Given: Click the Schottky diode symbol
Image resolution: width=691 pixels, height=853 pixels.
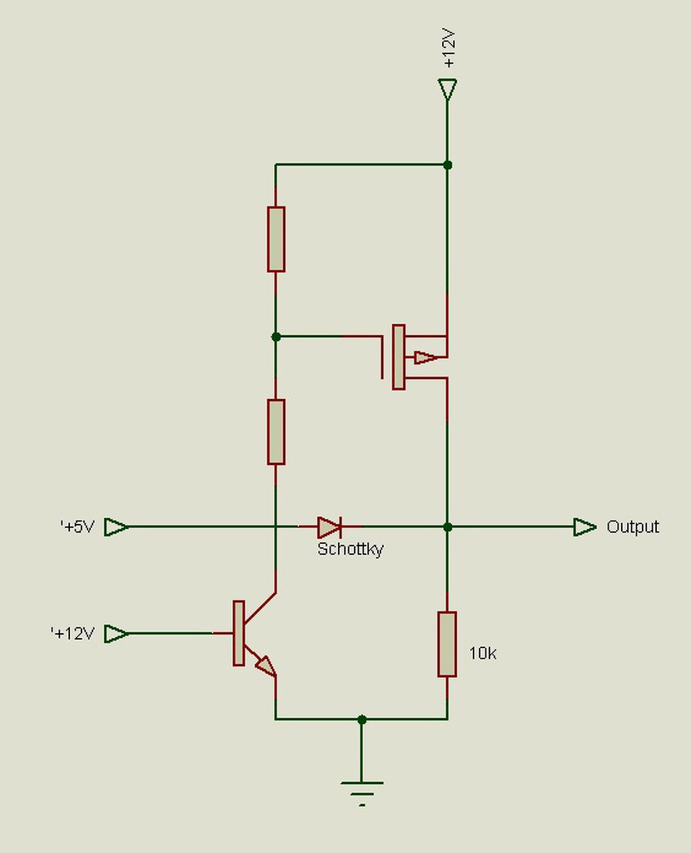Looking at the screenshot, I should [x=330, y=526].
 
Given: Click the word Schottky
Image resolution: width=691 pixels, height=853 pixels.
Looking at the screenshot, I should [x=350, y=550].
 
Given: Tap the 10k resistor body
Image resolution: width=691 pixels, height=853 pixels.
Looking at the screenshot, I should [x=447, y=644].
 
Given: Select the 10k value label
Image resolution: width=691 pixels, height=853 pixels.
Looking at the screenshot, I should [x=483, y=654].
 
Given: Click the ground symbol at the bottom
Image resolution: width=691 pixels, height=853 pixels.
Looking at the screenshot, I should [x=361, y=790].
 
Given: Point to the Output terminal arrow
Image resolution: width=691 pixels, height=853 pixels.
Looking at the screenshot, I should [x=585, y=526].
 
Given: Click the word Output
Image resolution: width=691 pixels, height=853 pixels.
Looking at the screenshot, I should [x=633, y=526].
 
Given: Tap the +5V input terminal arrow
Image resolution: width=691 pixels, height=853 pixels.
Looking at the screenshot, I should [x=117, y=526].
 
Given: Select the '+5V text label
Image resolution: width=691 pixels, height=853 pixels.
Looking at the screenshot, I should [x=77, y=526].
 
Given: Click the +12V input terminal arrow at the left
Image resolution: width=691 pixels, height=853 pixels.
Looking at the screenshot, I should [x=117, y=633].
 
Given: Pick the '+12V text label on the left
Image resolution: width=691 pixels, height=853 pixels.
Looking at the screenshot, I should [x=72, y=633].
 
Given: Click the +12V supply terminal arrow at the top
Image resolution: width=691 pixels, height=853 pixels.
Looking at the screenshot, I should [x=447, y=89].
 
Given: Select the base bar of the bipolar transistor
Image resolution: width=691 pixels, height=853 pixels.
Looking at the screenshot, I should [x=239, y=633].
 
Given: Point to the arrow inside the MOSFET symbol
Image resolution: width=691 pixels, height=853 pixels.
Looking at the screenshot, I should [x=425, y=357].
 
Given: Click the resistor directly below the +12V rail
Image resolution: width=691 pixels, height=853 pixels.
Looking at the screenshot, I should [x=276, y=239].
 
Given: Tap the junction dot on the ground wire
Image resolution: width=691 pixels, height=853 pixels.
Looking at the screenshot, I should [x=361, y=718].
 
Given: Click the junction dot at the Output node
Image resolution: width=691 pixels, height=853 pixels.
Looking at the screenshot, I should [x=447, y=526].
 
